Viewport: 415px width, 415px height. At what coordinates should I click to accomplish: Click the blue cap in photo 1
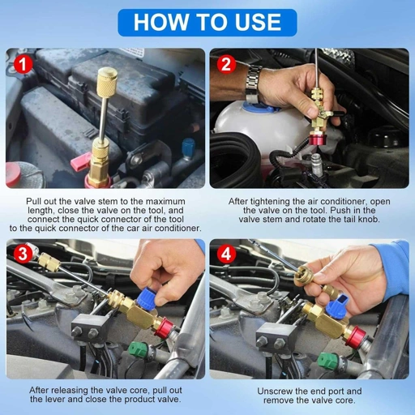(188, 148)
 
